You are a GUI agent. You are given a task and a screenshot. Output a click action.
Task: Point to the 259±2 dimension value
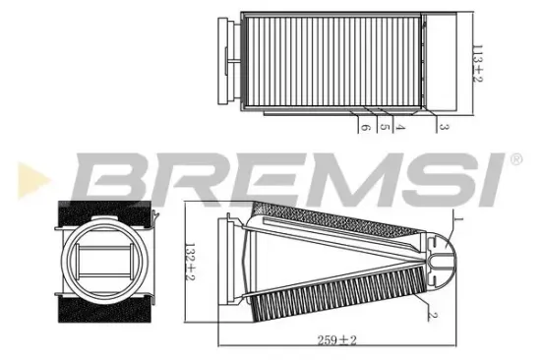(337, 341)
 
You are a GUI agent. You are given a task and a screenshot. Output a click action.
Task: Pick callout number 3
(444, 128)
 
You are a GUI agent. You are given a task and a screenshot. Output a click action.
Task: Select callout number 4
(400, 128)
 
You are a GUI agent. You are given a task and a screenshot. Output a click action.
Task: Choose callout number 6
(363, 128)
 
